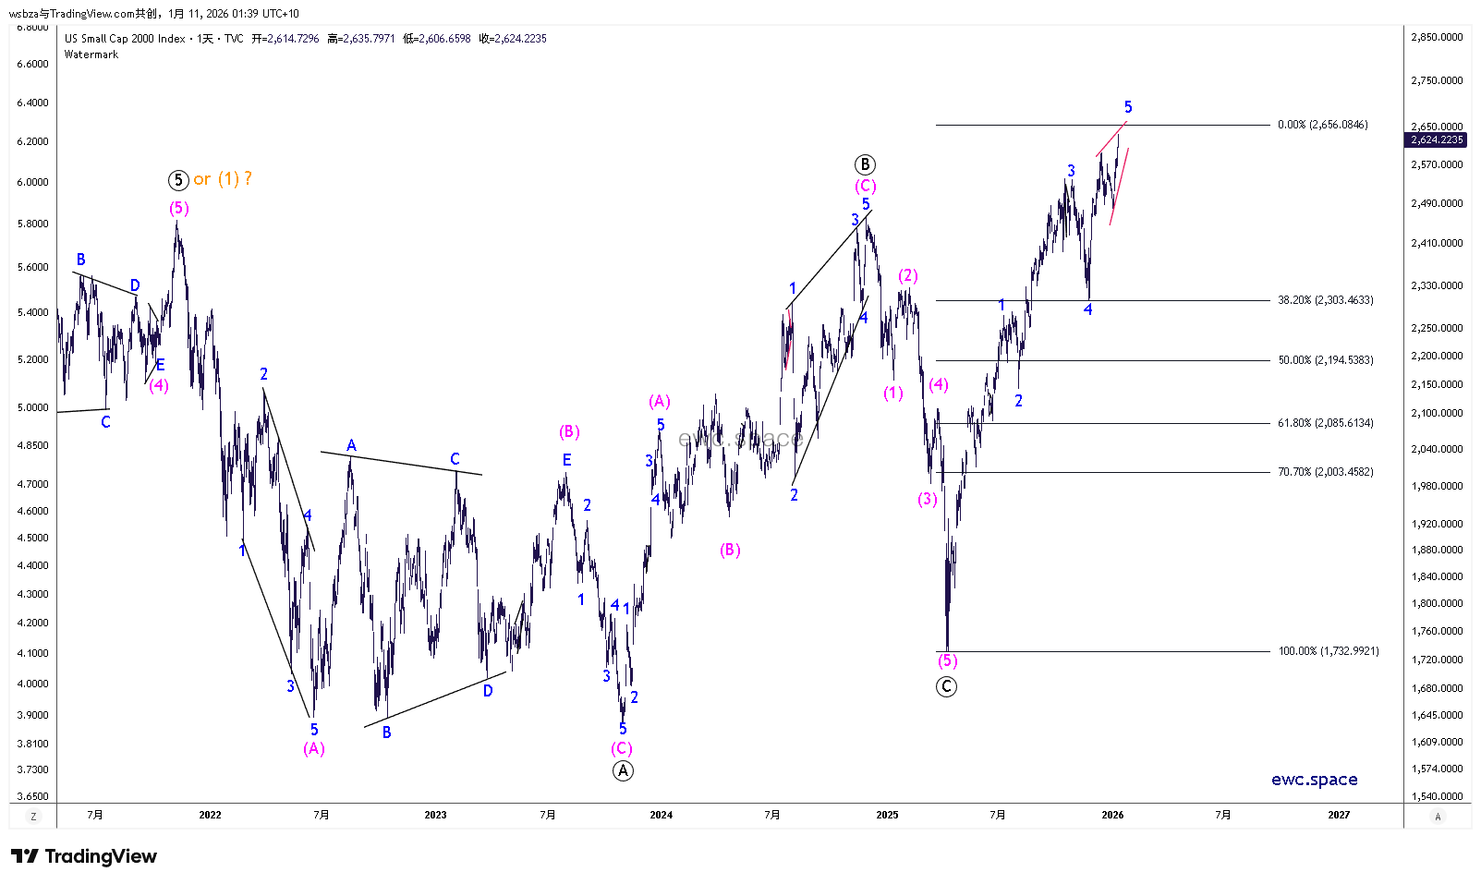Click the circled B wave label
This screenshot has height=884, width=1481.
coord(865,164)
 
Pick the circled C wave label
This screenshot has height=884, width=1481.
coord(946,686)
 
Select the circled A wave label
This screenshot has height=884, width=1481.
coord(624,770)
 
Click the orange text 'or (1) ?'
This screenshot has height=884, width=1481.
coord(223,179)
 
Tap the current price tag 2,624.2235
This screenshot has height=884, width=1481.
coord(1437,139)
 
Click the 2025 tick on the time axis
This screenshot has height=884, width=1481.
coord(887,815)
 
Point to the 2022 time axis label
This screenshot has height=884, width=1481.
coord(210,815)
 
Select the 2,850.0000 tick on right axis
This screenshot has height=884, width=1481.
coord(1437,37)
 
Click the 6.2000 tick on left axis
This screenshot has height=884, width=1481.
coord(33,141)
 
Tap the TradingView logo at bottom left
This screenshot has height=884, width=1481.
coord(84,856)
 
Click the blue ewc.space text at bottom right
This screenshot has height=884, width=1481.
coord(1315,780)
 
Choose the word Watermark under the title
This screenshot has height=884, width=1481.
coord(91,54)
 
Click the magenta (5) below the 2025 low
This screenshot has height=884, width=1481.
coord(948,660)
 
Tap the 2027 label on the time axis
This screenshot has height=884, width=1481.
coord(1338,815)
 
